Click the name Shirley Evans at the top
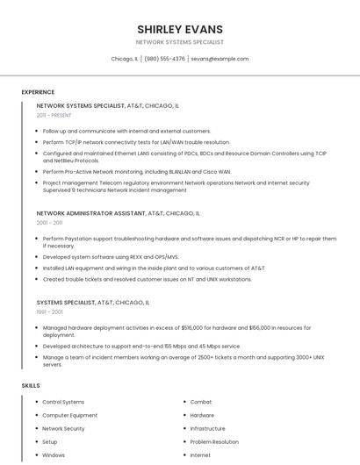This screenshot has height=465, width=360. point(180,29)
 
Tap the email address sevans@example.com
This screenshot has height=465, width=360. point(220,59)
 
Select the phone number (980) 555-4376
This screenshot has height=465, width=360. point(164,59)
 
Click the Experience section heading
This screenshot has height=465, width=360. point(38,92)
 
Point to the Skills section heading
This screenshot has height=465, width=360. point(31,385)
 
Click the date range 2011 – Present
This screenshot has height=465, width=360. point(54,115)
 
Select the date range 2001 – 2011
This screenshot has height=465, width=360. point(49,223)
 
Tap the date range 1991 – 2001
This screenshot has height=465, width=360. point(49,311)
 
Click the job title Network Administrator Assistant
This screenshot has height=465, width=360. point(90,213)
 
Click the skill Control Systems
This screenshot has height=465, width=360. point(63,402)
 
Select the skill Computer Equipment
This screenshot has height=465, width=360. point(69,415)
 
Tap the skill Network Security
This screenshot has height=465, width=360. point(63,428)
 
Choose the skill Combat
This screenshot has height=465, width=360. point(201,402)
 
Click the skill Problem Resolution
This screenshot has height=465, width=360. point(214,442)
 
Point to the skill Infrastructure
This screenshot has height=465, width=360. point(208,428)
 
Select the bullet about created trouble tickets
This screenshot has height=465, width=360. point(147,279)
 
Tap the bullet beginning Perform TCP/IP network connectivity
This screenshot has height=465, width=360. point(136,141)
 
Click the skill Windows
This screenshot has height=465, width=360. point(54,455)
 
